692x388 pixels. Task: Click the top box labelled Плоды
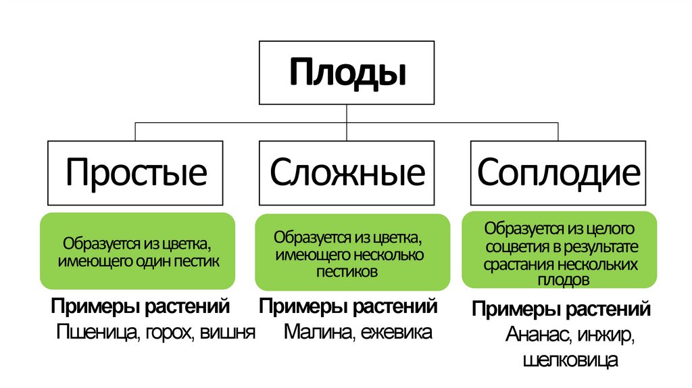click(x=347, y=72)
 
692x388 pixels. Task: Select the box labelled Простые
click(x=135, y=172)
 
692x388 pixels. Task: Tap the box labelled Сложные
click(x=347, y=172)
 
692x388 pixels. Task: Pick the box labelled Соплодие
click(x=558, y=172)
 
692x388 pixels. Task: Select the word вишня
click(x=227, y=333)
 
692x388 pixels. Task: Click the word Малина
click(x=315, y=333)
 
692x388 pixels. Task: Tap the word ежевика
click(x=395, y=333)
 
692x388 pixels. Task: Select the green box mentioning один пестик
click(x=138, y=251)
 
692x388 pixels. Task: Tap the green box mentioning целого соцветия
click(x=560, y=249)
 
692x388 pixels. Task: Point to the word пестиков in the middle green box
click(x=347, y=271)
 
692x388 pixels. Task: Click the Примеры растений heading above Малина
click(x=349, y=307)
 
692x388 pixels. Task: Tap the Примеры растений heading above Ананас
click(x=561, y=310)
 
